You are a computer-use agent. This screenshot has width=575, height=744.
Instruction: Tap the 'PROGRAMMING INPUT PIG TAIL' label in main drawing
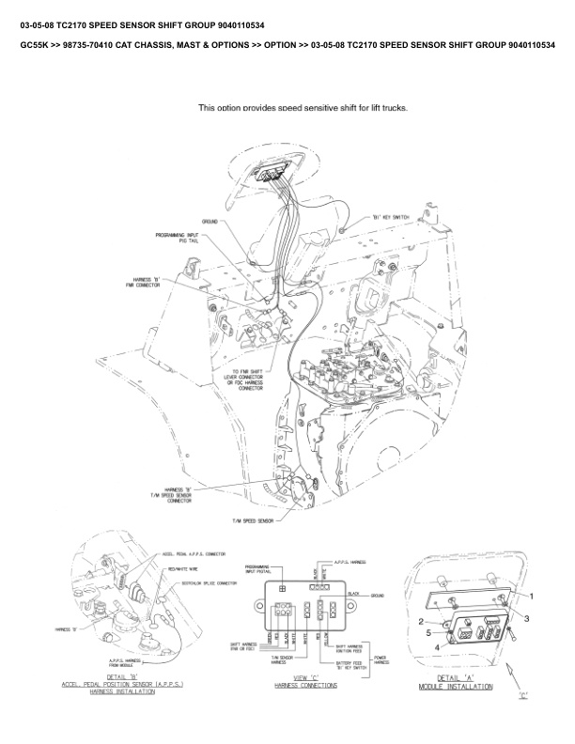[x=176, y=238]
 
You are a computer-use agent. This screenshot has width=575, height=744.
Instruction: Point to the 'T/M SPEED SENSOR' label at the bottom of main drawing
[x=253, y=521]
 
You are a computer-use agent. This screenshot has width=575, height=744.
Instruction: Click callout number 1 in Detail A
[x=531, y=597]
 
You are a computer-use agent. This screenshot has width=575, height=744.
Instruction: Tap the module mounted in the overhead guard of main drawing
[x=272, y=174]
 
